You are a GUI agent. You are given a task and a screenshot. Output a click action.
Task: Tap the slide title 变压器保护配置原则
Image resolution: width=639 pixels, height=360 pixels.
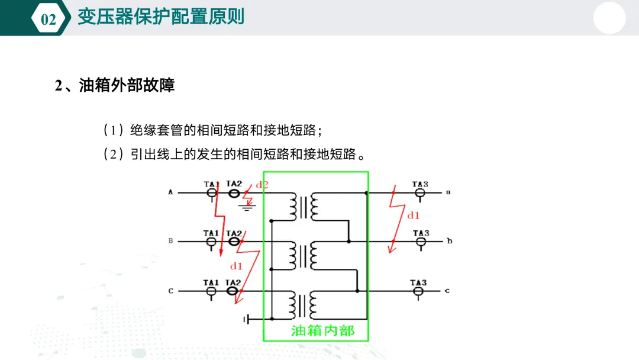click(161, 17)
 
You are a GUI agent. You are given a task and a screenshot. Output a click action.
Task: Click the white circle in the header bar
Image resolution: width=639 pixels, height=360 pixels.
click(609, 18)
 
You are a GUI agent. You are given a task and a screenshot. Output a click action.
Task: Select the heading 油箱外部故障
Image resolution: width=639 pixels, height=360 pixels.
click(127, 85)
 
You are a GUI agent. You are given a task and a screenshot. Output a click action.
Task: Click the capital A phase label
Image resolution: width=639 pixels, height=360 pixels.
click(171, 192)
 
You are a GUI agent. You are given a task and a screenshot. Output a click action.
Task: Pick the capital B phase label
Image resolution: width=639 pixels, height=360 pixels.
click(171, 241)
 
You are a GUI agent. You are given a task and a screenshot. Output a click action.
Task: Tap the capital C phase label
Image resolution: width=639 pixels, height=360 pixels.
click(171, 291)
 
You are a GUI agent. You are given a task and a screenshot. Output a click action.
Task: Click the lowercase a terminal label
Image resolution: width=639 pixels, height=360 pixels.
click(448, 192)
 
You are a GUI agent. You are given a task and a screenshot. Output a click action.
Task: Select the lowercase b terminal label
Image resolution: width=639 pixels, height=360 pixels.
click(449, 242)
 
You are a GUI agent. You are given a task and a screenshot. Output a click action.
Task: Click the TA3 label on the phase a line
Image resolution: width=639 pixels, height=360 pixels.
click(420, 184)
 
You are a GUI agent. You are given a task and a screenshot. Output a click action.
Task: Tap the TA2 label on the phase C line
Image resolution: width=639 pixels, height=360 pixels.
click(234, 282)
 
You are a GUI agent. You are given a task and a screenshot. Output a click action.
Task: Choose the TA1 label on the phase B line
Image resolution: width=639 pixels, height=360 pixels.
click(211, 233)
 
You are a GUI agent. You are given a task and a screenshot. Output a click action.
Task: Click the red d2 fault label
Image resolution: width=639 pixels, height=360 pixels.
click(262, 185)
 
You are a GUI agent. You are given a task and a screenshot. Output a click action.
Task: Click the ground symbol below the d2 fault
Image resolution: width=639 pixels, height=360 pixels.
click(248, 207)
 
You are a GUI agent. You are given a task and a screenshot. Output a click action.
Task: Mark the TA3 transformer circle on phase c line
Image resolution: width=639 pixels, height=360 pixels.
click(418, 291)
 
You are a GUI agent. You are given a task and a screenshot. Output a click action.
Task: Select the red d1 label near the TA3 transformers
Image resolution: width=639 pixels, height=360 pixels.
click(413, 215)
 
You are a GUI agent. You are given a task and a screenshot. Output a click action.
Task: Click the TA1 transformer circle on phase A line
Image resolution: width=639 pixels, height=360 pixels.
click(211, 193)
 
